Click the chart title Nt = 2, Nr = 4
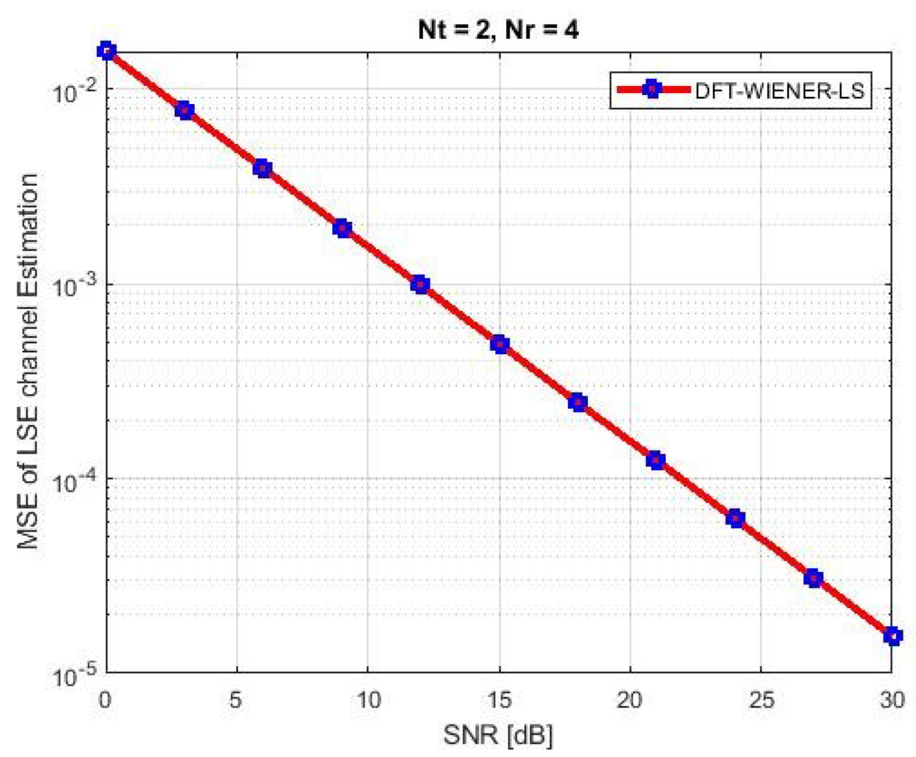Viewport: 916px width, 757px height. tap(498, 29)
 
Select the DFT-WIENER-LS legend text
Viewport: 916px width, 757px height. tap(780, 91)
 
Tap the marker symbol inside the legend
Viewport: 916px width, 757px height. tap(652, 89)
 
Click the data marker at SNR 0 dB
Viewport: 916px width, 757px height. tap(106, 51)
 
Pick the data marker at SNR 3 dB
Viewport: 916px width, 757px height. tap(184, 110)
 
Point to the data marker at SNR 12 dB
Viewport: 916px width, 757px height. tap(420, 285)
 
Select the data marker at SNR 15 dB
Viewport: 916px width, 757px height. tap(500, 344)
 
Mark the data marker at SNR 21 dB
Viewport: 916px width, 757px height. tap(656, 461)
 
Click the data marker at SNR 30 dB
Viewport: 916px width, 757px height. tap(892, 636)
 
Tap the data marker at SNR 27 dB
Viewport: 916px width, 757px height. tap(814, 578)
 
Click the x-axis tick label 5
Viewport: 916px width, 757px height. tap(236, 700)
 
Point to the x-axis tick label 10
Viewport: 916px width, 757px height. tap(368, 700)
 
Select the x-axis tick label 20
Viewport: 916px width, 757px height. tap(630, 700)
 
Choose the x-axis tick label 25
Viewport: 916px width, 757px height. tap(761, 700)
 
